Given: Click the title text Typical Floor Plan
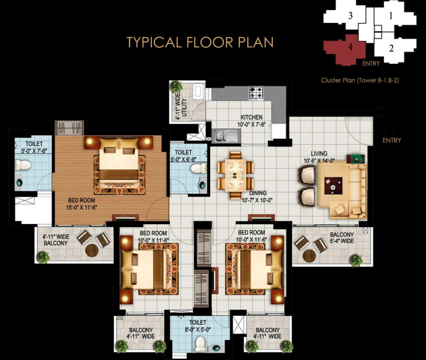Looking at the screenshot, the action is pyautogui.click(x=200, y=42).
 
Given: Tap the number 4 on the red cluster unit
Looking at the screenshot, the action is pyautogui.click(x=350, y=47).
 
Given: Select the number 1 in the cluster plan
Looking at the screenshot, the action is pyautogui.click(x=391, y=16).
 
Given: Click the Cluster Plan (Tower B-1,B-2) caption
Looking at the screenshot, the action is pyautogui.click(x=360, y=80).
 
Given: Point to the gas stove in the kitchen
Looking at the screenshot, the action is pyautogui.click(x=256, y=92).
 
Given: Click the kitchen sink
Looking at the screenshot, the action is pyautogui.click(x=226, y=135).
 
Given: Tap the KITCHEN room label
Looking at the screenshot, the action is pyautogui.click(x=252, y=117).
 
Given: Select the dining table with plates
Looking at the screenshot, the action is pyautogui.click(x=236, y=176).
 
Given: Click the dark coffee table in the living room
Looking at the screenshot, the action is pyautogui.click(x=334, y=186).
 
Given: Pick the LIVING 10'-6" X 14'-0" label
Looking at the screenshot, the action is pyautogui.click(x=319, y=157).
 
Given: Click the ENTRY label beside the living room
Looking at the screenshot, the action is pyautogui.click(x=392, y=140).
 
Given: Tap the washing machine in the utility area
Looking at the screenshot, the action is pyautogui.click(x=198, y=92).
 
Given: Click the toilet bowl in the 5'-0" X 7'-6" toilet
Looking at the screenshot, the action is pyautogui.click(x=22, y=164).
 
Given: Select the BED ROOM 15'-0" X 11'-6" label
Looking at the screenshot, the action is pyautogui.click(x=81, y=204).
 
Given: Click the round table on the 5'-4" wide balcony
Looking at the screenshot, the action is pyautogui.click(x=309, y=256).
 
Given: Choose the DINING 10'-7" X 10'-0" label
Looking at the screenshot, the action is pyautogui.click(x=257, y=197).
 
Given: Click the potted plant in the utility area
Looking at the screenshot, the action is pyautogui.click(x=176, y=86).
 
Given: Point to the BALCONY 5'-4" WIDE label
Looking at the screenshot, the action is pyautogui.click(x=342, y=238).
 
